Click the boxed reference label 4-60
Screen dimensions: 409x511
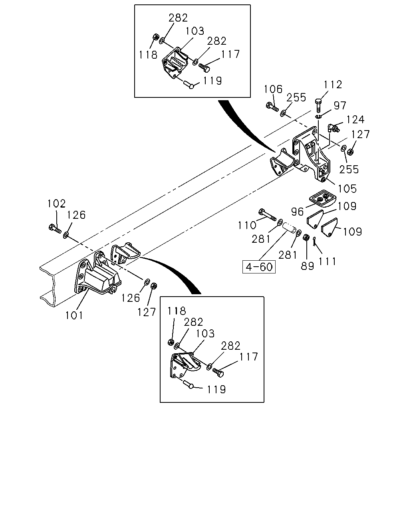259,267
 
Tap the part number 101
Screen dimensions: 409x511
74,315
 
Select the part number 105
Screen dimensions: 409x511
347,188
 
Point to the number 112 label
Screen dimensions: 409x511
333,85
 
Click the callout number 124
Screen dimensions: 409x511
355,119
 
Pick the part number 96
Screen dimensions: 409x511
297,211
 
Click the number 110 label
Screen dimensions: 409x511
247,225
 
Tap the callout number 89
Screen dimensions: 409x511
307,266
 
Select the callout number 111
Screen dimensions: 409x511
327,261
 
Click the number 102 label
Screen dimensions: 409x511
56,204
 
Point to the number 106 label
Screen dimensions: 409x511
273,89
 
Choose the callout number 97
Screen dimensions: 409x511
340,105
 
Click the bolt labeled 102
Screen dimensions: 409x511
55,228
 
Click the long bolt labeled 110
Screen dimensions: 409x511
267,214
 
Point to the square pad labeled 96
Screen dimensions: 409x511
322,198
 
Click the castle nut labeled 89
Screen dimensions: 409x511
306,237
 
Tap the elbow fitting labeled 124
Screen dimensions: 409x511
334,128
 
